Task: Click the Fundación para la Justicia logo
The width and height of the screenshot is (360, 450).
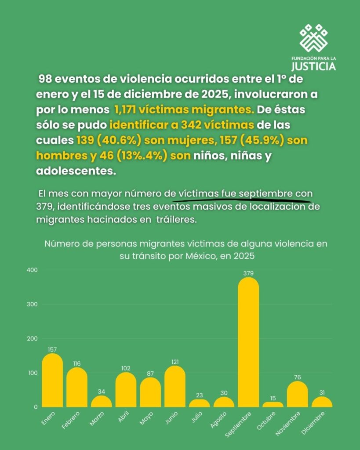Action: coord(313,47)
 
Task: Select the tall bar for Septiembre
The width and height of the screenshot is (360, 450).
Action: coord(248,343)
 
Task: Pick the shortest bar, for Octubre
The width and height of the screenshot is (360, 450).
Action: coord(273,404)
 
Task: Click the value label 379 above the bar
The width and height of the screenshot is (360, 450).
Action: coord(248,273)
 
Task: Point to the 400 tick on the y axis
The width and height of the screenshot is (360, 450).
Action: coord(32,270)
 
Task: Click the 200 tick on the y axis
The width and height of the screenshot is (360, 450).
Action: coord(32,338)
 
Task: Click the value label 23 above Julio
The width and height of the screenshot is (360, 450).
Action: coord(200,395)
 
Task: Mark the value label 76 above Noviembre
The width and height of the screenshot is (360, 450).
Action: coord(298,377)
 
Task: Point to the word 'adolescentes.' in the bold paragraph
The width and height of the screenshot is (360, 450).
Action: coord(76,171)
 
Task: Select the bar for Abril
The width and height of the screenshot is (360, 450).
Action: coord(126,390)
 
